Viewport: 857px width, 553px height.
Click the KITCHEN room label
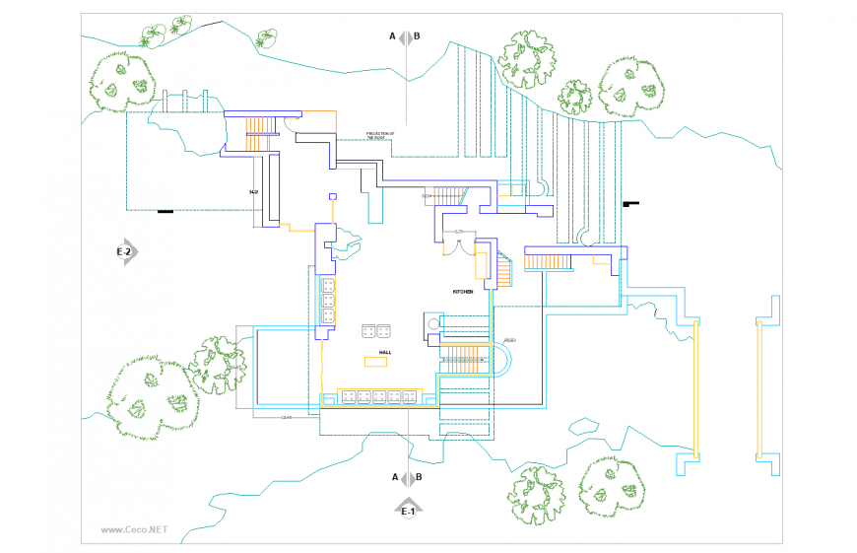pos(463,292)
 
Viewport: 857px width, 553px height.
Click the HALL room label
pos(386,351)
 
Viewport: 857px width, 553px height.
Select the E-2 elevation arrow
pos(126,251)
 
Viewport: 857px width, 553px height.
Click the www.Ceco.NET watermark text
pos(135,529)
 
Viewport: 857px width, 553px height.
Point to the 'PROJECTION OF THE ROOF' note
pos(379,136)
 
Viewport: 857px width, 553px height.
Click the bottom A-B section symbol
pos(407,477)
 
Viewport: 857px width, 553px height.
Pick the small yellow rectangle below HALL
pos(375,362)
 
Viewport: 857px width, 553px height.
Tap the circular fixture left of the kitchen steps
pos(430,322)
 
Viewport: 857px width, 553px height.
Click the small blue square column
pos(333,194)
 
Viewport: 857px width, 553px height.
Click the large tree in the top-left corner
pos(122,80)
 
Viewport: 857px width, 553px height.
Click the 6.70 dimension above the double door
pos(459,231)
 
